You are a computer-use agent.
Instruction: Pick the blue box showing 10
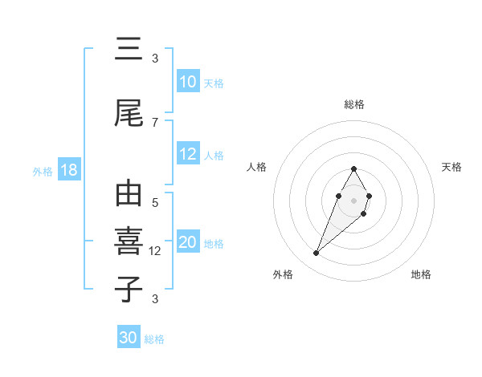[x=188, y=82]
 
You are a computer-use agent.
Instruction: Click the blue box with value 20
[x=188, y=243]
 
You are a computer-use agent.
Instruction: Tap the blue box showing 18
[x=68, y=171]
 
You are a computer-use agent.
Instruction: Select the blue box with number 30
[x=129, y=338]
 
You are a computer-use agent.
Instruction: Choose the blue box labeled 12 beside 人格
[x=188, y=154]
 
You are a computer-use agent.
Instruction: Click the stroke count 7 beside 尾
[x=155, y=122]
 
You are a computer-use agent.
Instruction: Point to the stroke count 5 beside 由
[x=155, y=203]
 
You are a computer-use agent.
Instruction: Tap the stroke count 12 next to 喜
[x=157, y=251]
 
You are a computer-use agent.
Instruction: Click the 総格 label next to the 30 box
[x=154, y=339]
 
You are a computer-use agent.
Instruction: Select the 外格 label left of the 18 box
[x=43, y=172]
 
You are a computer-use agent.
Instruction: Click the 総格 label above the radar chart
[x=353, y=104]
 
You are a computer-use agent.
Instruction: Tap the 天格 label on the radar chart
[x=451, y=167]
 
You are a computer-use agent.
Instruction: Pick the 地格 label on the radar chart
[x=421, y=274]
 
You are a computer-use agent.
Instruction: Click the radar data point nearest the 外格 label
[x=316, y=253]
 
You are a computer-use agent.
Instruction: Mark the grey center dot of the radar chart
[x=353, y=199]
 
